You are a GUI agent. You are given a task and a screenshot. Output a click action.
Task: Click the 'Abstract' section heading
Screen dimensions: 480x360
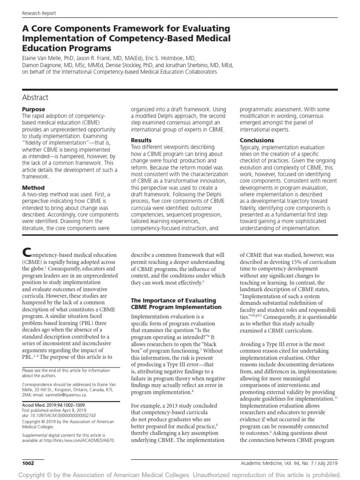[x=35, y=97]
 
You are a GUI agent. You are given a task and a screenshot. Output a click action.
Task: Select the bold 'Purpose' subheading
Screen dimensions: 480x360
[x=34, y=109]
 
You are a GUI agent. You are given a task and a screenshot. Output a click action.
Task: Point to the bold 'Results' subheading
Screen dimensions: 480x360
[x=141, y=140]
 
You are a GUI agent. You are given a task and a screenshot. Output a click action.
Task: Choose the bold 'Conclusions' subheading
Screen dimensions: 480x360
[x=257, y=140]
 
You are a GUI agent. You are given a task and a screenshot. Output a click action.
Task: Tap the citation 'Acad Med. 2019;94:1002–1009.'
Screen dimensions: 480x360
[x=53, y=404]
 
